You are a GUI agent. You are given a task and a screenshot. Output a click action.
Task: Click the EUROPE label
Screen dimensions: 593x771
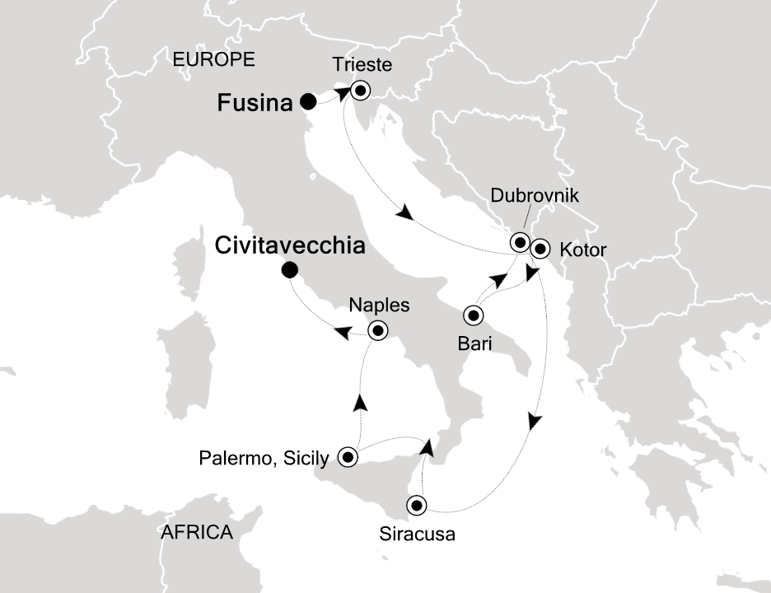tap(213, 59)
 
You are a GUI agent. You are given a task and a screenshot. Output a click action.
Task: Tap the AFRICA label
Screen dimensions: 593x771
tap(197, 532)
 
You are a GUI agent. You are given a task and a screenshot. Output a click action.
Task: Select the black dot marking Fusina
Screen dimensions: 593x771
tap(307, 102)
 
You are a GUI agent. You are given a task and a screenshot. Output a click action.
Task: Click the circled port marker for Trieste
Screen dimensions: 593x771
tap(360, 90)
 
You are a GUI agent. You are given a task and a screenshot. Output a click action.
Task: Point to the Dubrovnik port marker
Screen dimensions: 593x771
tap(520, 242)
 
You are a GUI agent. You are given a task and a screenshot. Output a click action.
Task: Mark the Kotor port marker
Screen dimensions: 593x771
tap(540, 247)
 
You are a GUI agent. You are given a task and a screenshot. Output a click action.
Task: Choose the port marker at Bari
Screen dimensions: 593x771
tap(474, 314)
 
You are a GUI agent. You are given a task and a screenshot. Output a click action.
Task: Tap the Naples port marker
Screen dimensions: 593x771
tap(377, 331)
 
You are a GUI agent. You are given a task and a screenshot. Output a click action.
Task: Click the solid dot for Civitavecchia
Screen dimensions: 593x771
tap(288, 270)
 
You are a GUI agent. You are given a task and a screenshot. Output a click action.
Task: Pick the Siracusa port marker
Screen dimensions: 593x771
tap(417, 505)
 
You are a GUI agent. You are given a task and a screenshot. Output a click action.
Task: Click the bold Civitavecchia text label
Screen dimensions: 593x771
tap(290, 245)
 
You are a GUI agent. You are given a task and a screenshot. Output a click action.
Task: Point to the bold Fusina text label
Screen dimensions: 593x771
tap(255, 104)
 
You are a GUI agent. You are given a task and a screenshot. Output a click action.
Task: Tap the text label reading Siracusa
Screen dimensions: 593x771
tap(417, 534)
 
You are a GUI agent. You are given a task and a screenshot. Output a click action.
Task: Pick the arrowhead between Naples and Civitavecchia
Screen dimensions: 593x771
tap(339, 332)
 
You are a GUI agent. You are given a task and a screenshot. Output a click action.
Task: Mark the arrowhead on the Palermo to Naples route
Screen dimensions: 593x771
tap(360, 403)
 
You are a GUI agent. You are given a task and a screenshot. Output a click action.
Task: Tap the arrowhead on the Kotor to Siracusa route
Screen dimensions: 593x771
tap(535, 421)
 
